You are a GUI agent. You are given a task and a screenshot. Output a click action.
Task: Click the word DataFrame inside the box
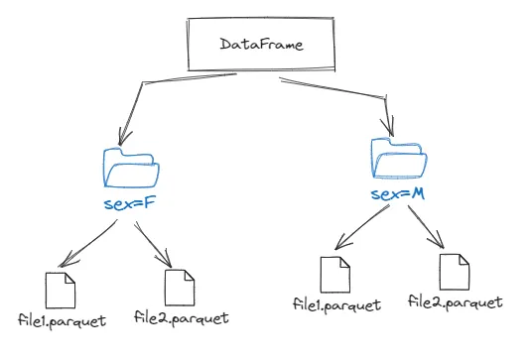(261, 45)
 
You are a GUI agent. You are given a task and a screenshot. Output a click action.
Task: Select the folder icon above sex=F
(131, 169)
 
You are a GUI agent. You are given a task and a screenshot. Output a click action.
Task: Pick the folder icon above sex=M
(399, 158)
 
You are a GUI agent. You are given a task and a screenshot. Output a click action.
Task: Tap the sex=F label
(130, 203)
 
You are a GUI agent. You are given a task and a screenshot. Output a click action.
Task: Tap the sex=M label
(398, 194)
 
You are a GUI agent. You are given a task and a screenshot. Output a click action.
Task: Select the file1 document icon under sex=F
(61, 291)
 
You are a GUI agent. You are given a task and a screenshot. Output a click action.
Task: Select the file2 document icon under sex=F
(180, 288)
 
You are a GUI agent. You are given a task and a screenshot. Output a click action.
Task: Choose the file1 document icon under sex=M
(335, 275)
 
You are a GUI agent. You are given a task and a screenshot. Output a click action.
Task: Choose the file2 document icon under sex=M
(455, 272)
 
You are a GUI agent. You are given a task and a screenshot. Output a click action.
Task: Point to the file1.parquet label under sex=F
(63, 321)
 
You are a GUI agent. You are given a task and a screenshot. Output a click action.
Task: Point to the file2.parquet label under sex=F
(182, 318)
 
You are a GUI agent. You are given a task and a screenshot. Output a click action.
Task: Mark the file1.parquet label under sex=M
(336, 305)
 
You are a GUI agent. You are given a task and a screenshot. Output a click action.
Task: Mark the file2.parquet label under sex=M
(456, 302)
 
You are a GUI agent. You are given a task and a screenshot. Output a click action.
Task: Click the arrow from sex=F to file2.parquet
(153, 243)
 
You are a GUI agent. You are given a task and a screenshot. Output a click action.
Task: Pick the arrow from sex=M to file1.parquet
(362, 227)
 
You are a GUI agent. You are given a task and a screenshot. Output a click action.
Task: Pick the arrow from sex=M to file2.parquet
(426, 226)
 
